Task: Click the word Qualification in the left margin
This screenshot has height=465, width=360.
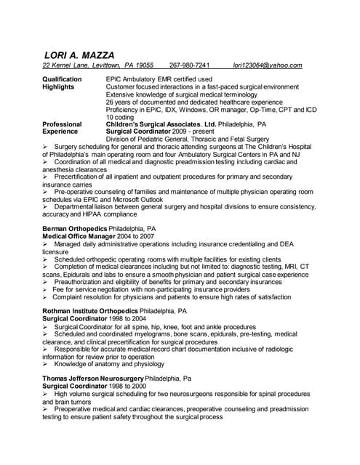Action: click(63, 78)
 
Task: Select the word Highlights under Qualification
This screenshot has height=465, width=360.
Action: click(58, 86)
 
